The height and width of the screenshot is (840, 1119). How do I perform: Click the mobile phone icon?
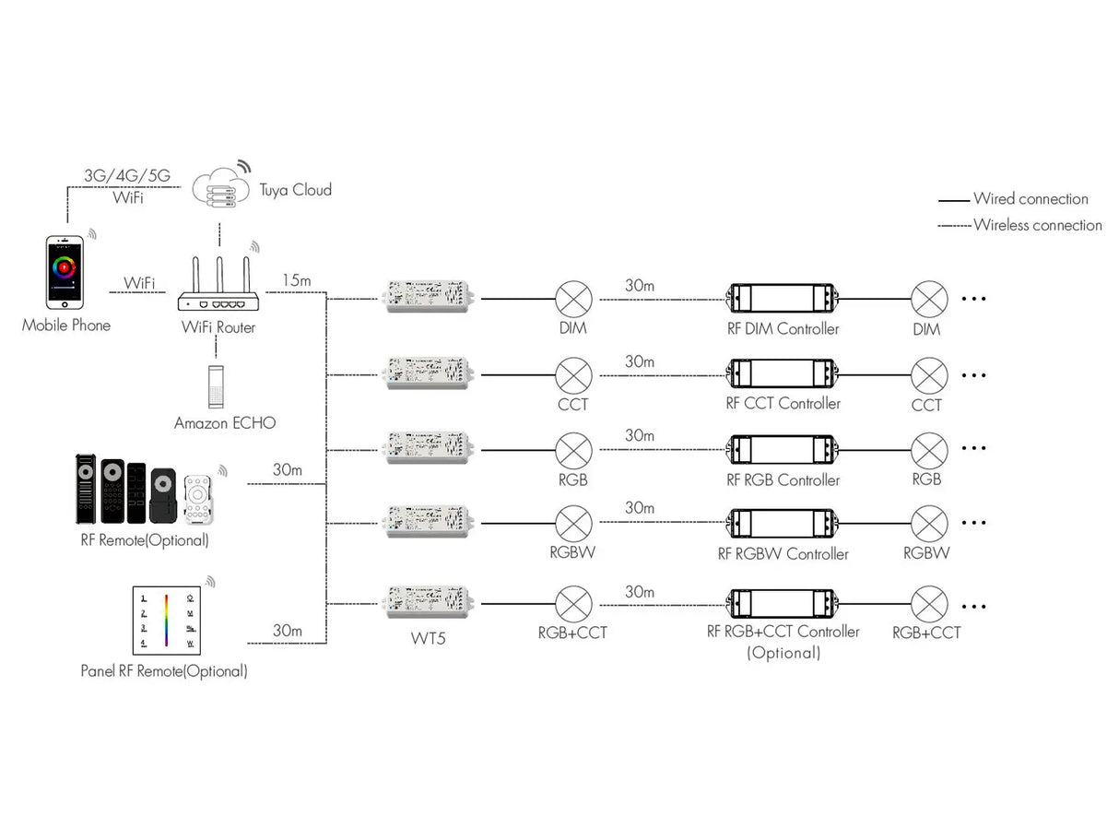(x=65, y=272)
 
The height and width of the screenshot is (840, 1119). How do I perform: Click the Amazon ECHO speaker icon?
(x=217, y=388)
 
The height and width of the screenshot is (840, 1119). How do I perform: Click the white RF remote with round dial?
(x=199, y=500)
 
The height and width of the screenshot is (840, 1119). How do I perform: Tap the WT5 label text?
(x=428, y=637)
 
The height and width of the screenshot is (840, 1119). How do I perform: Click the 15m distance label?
(x=297, y=278)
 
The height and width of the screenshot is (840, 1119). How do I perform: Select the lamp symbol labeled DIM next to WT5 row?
(x=573, y=299)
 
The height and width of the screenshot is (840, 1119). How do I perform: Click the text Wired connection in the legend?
(x=1031, y=198)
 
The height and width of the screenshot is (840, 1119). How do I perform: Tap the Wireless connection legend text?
(x=1037, y=225)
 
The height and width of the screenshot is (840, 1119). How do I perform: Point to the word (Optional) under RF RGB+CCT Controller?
(x=783, y=653)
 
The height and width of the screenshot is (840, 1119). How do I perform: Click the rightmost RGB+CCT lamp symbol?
(x=928, y=604)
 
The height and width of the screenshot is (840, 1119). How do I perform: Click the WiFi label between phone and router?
(x=139, y=282)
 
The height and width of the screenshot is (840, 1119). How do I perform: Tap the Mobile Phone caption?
(x=66, y=325)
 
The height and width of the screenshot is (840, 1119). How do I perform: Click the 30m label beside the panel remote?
(x=288, y=631)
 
